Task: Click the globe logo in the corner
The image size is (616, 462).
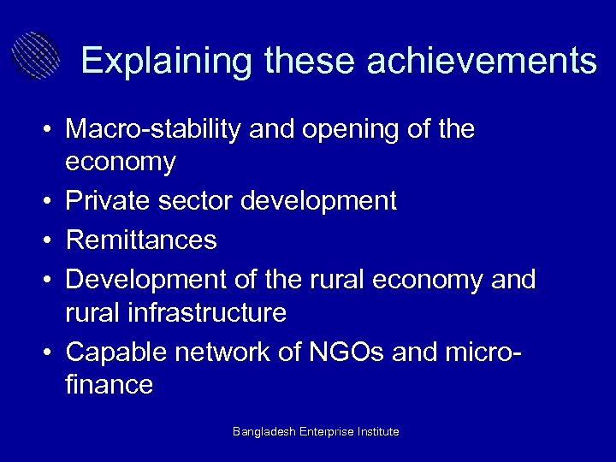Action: (35, 56)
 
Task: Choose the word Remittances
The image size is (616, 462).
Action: (141, 240)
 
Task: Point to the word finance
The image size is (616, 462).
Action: (109, 385)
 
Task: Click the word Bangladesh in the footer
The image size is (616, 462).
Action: (264, 432)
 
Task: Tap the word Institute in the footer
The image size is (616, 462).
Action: (377, 432)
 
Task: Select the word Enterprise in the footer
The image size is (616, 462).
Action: (327, 432)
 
